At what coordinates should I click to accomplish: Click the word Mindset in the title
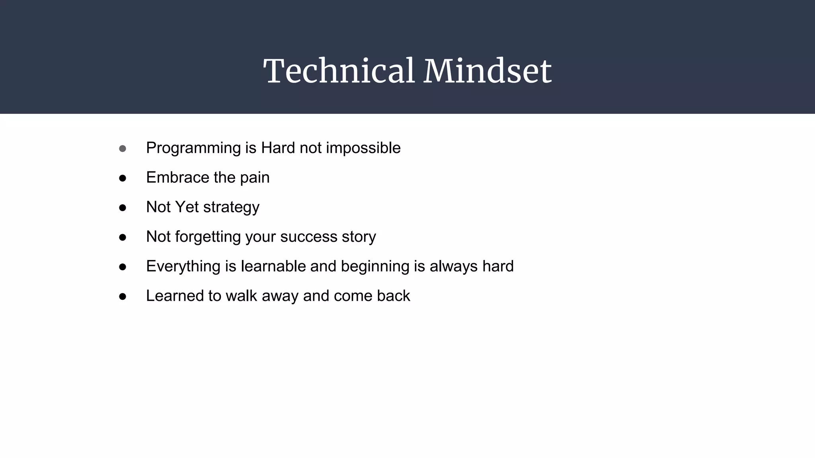pyautogui.click(x=487, y=71)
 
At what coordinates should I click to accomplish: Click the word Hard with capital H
pyautogui.click(x=278, y=148)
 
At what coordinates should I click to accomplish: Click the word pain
pyautogui.click(x=255, y=178)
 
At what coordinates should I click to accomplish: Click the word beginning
pyautogui.click(x=375, y=267)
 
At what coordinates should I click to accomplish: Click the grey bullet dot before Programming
pyautogui.click(x=123, y=149)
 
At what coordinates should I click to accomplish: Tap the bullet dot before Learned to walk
pyautogui.click(x=123, y=297)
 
